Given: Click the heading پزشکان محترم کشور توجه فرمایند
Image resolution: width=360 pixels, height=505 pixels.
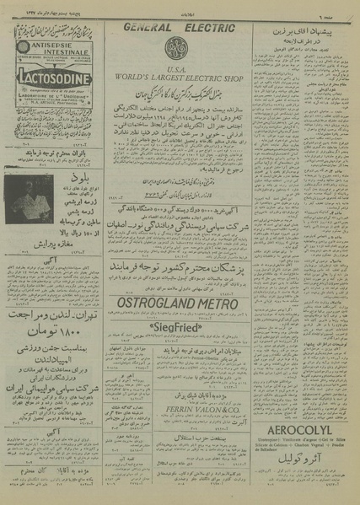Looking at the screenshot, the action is tap(177, 268).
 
